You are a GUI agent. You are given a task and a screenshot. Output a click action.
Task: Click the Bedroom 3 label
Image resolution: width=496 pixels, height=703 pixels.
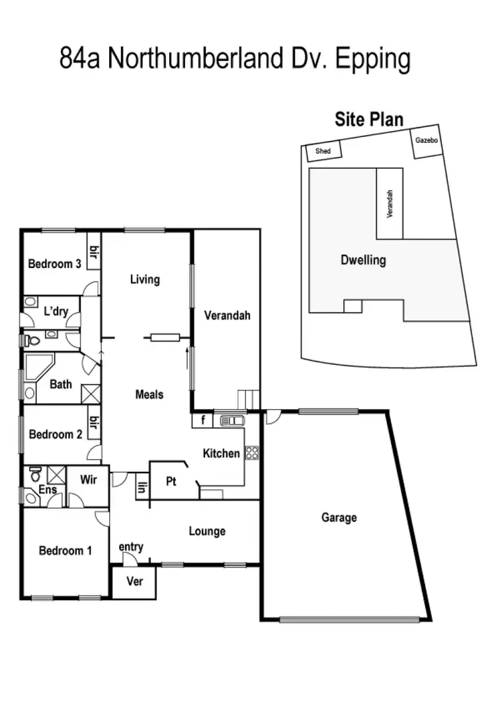coord(54,264)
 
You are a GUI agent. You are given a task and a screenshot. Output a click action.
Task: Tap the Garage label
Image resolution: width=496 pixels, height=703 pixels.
coord(339,518)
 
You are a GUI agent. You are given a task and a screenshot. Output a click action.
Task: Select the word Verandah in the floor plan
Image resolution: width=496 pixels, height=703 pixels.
coord(227,316)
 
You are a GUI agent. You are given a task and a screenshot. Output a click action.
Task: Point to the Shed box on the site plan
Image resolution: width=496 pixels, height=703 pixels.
coord(323,152)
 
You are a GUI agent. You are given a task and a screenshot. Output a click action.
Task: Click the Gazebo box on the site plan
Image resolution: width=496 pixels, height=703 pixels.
coord(427,142)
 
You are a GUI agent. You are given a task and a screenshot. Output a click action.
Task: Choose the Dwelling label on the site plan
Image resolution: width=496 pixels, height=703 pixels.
coord(363,260)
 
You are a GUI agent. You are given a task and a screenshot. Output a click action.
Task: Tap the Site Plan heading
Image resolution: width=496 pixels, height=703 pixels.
coord(369,120)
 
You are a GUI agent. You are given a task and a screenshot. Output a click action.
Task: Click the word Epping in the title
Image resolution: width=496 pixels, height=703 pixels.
coord(373,59)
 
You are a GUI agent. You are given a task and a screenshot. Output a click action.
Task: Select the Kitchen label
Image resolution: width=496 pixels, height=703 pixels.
coord(221,453)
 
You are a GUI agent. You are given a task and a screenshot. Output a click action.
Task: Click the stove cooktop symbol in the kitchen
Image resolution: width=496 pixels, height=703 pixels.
coord(252,453)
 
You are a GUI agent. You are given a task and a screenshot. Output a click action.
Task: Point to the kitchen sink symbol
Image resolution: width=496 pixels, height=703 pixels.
coord(232,420)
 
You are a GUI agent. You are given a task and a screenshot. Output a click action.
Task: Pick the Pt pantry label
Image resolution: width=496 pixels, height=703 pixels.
coord(171,481)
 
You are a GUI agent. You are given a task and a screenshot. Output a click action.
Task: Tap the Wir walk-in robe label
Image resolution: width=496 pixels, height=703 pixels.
coord(89,479)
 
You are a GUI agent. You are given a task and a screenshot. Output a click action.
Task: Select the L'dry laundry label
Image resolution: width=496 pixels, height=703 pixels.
coord(56,312)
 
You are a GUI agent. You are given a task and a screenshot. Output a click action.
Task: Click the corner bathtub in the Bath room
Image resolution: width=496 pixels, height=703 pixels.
coord(39,366)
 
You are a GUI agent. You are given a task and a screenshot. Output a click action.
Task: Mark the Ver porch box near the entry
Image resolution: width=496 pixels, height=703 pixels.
coord(134,584)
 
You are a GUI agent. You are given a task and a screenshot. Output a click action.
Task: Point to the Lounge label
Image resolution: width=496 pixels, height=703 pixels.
coord(207,531)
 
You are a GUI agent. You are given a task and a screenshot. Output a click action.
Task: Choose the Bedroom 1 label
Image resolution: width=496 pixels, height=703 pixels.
coord(65,551)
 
